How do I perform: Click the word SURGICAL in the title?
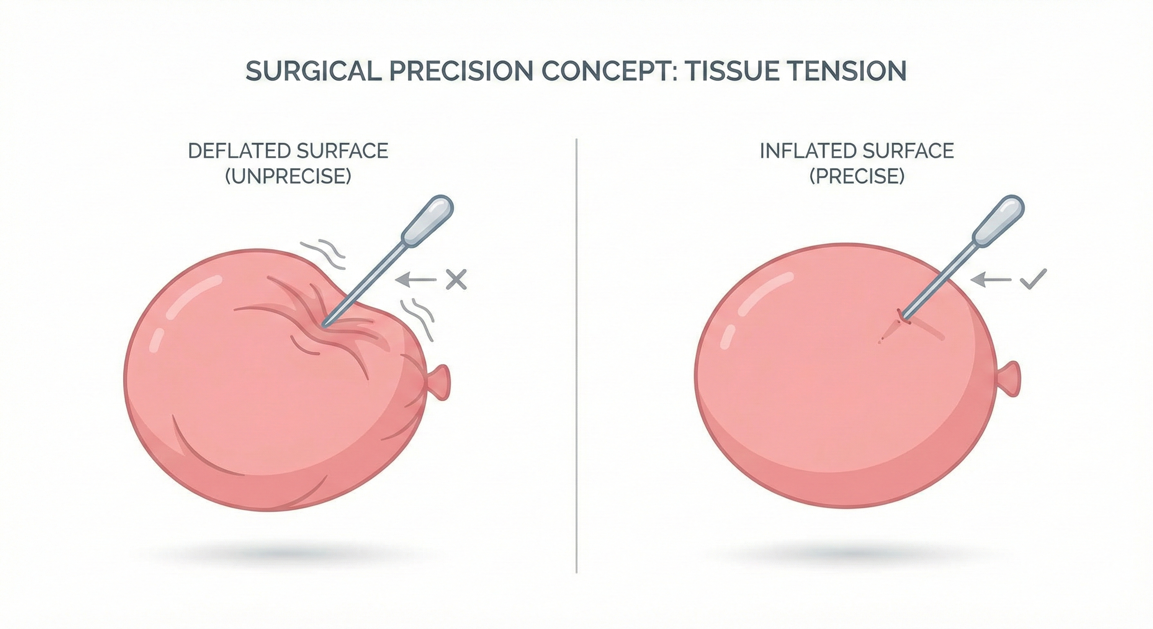pos(313,71)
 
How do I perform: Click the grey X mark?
pos(456,279)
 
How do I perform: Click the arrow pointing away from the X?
pos(416,279)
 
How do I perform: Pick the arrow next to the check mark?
pos(991,280)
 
